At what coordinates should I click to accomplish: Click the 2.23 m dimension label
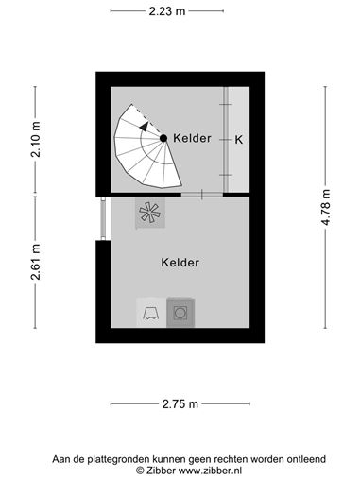pos(167,11)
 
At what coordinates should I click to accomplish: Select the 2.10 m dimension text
pos(36,139)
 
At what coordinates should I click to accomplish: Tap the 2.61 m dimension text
pos(36,262)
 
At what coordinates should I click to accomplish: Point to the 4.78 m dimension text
pos(326,207)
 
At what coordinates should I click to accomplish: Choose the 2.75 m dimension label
pos(180,403)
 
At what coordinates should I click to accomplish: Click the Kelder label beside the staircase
pos(192,138)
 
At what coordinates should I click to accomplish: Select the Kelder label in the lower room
pos(180,263)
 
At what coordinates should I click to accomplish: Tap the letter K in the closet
pos(239,140)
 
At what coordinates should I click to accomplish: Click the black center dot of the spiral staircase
pos(163,138)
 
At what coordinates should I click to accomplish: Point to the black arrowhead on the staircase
pos(145,126)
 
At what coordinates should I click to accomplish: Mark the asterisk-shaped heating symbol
pos(150,212)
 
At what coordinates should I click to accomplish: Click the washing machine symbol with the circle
pos(180,313)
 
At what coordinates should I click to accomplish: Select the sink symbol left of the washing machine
pos(151,313)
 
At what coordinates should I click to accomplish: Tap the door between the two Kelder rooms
pos(202,195)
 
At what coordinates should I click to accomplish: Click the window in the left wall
pos(103,218)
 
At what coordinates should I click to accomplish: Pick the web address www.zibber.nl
pos(210,471)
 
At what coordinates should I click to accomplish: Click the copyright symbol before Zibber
pos(140,471)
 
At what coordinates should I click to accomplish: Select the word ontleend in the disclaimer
pos(306,459)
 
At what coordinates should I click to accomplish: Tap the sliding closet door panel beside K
pos(226,139)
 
